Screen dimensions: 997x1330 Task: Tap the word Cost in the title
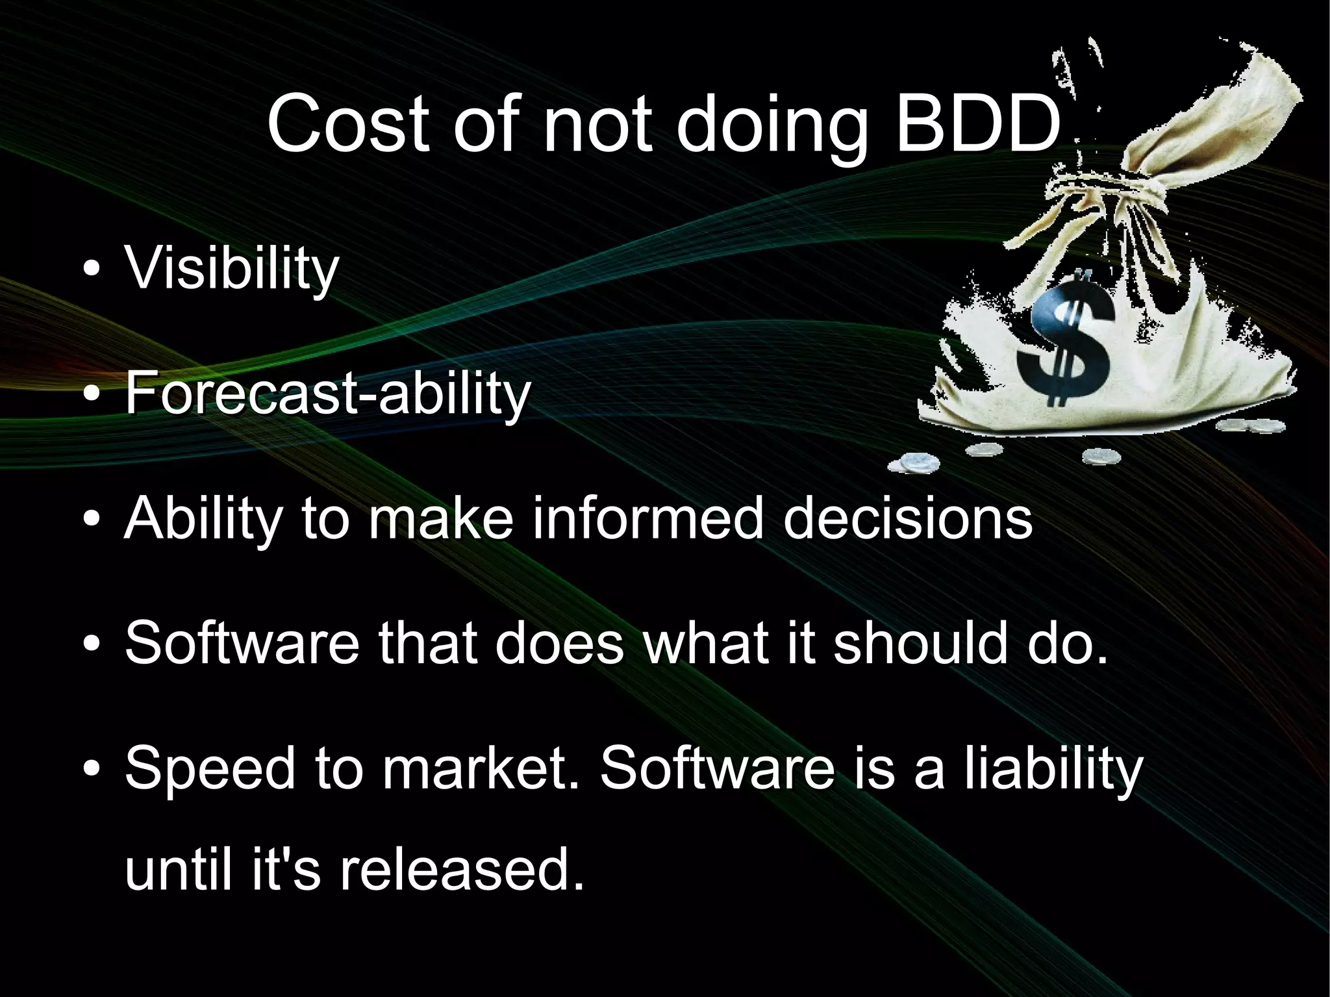point(348,125)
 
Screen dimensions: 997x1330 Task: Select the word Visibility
point(231,268)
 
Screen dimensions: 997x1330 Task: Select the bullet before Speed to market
point(92,770)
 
